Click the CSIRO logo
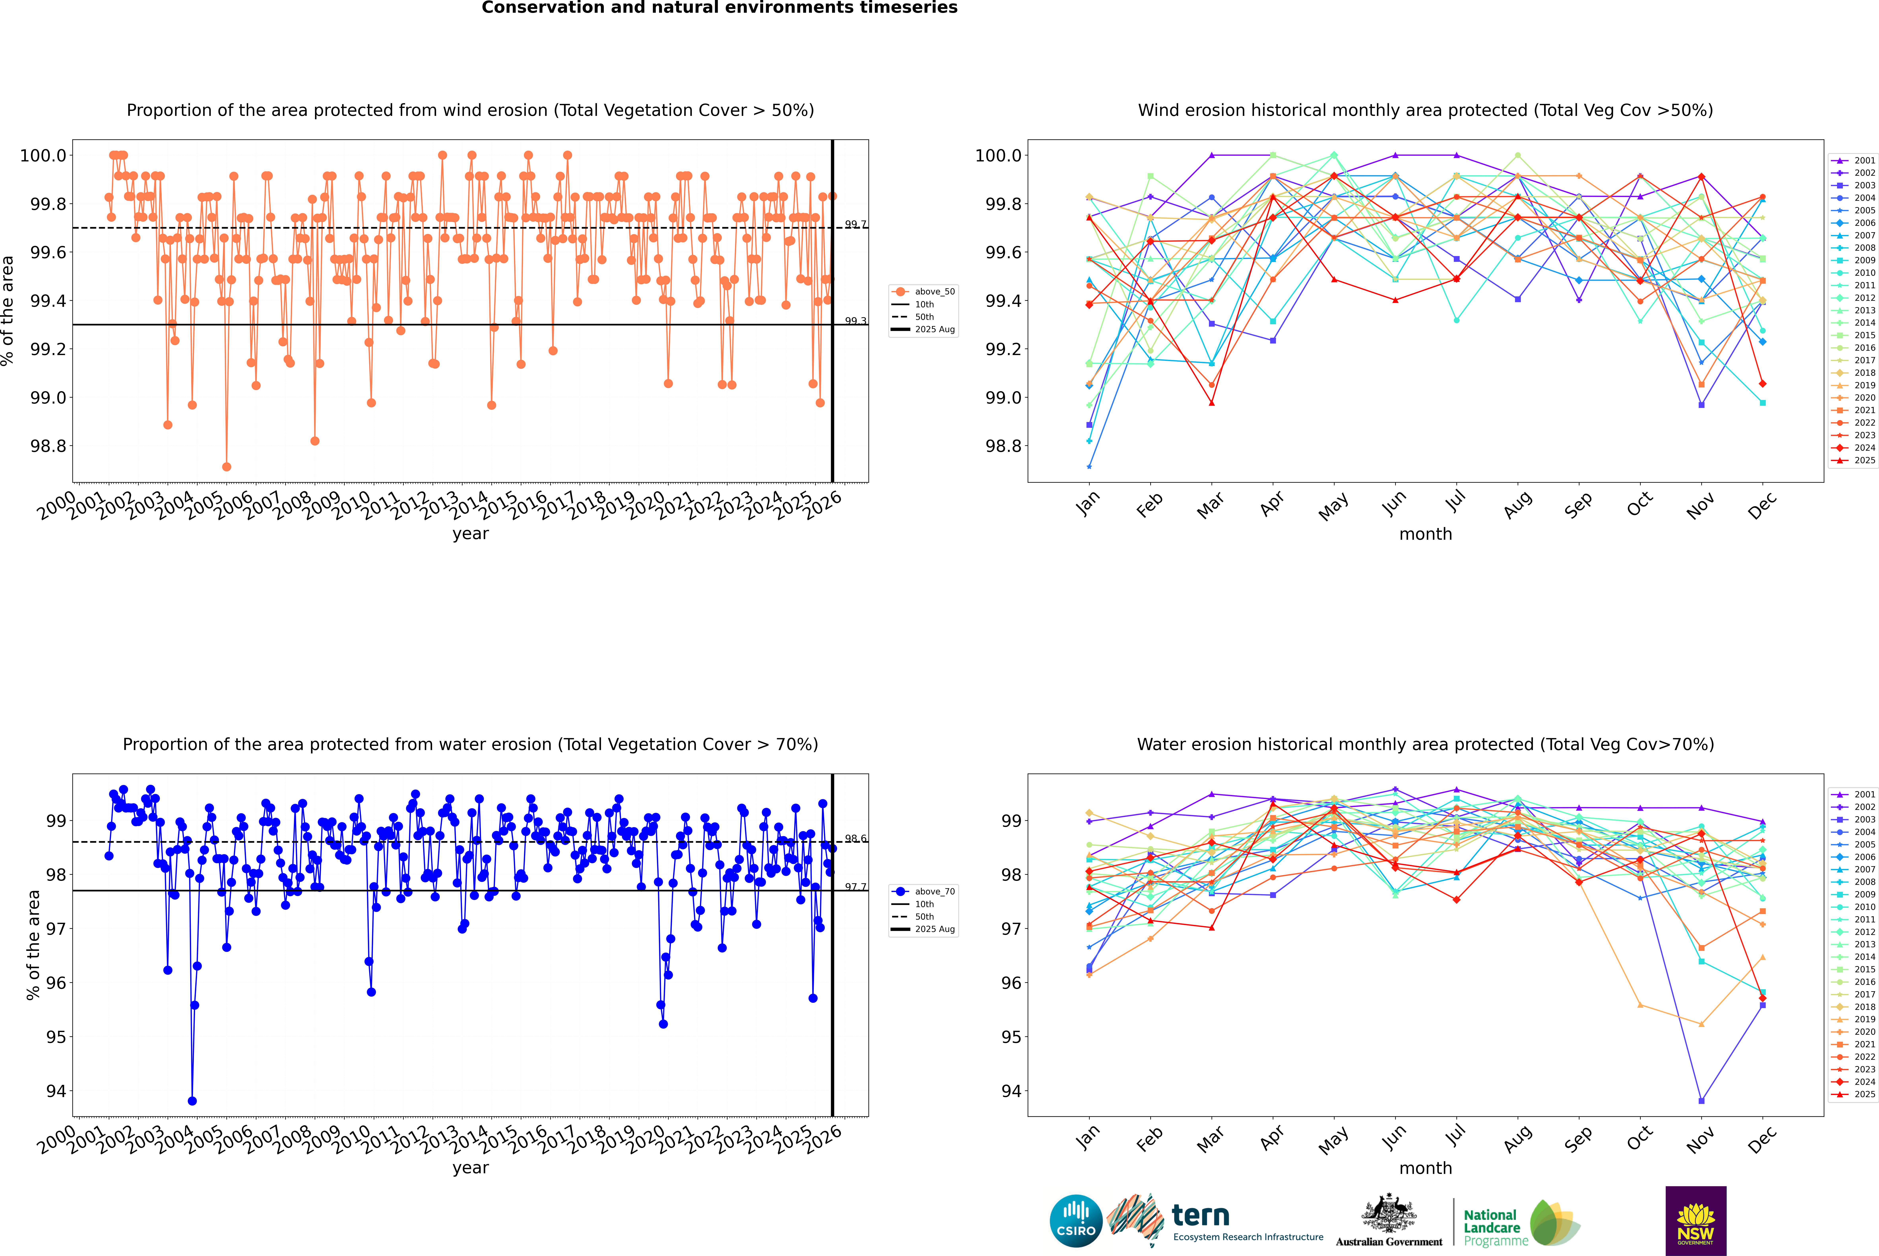1076,1221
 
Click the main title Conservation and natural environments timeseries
719,8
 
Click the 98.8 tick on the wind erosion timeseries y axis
48,446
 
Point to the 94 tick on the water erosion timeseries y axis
56,1091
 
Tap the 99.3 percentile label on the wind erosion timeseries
855,321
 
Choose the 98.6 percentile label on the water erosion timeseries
855,839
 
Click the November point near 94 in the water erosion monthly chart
1701,1101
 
